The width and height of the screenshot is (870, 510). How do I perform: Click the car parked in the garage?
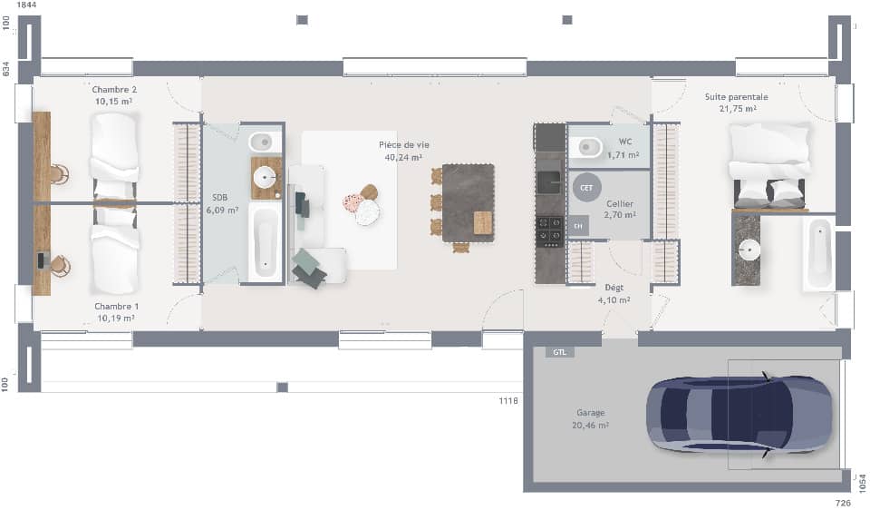(738, 414)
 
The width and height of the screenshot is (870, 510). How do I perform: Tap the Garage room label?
(590, 413)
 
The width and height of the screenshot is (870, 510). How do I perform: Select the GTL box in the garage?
(559, 352)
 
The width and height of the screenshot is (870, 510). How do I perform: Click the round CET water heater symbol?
(585, 187)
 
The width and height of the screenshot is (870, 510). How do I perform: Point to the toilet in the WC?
(586, 146)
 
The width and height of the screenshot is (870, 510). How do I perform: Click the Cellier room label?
(620, 205)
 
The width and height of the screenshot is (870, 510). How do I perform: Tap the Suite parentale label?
(736, 97)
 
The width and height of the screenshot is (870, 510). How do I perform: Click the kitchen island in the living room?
(469, 201)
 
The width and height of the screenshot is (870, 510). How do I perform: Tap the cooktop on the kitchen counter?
(549, 230)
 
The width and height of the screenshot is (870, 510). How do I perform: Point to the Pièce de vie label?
(403, 145)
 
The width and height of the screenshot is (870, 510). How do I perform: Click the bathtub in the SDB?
(265, 242)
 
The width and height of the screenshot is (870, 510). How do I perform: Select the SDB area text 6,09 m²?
(222, 210)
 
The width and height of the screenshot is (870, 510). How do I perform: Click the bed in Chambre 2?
(114, 154)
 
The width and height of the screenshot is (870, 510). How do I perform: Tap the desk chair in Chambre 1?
(59, 265)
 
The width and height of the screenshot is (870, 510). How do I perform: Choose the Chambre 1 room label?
(116, 307)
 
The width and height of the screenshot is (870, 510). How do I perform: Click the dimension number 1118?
(508, 400)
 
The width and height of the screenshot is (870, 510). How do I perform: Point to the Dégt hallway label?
(614, 288)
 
